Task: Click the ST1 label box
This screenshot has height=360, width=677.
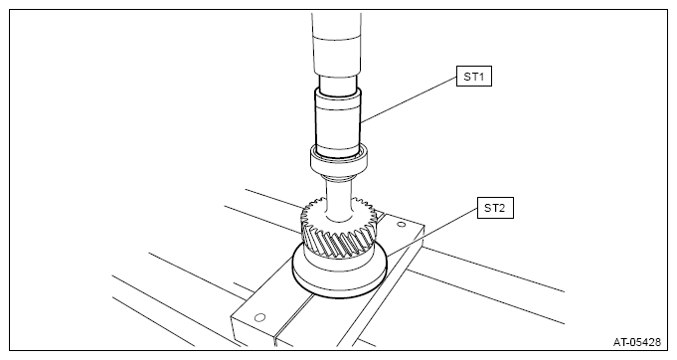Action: [473, 77]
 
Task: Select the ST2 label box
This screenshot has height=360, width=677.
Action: [495, 208]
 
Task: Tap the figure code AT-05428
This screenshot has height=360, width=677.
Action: [637, 342]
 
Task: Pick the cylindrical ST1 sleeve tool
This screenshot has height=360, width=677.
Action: [338, 123]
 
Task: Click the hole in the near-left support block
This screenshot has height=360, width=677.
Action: [259, 317]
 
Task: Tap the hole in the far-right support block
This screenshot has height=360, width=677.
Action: [401, 224]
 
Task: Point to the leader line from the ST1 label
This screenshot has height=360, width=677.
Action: [409, 98]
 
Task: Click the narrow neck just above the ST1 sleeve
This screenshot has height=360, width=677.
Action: [338, 83]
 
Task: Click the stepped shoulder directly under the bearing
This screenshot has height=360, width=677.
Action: [339, 176]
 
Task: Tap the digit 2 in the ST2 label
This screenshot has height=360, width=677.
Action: [501, 208]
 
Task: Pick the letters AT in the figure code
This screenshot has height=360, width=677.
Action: [619, 342]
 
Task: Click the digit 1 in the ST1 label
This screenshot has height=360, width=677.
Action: [481, 77]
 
